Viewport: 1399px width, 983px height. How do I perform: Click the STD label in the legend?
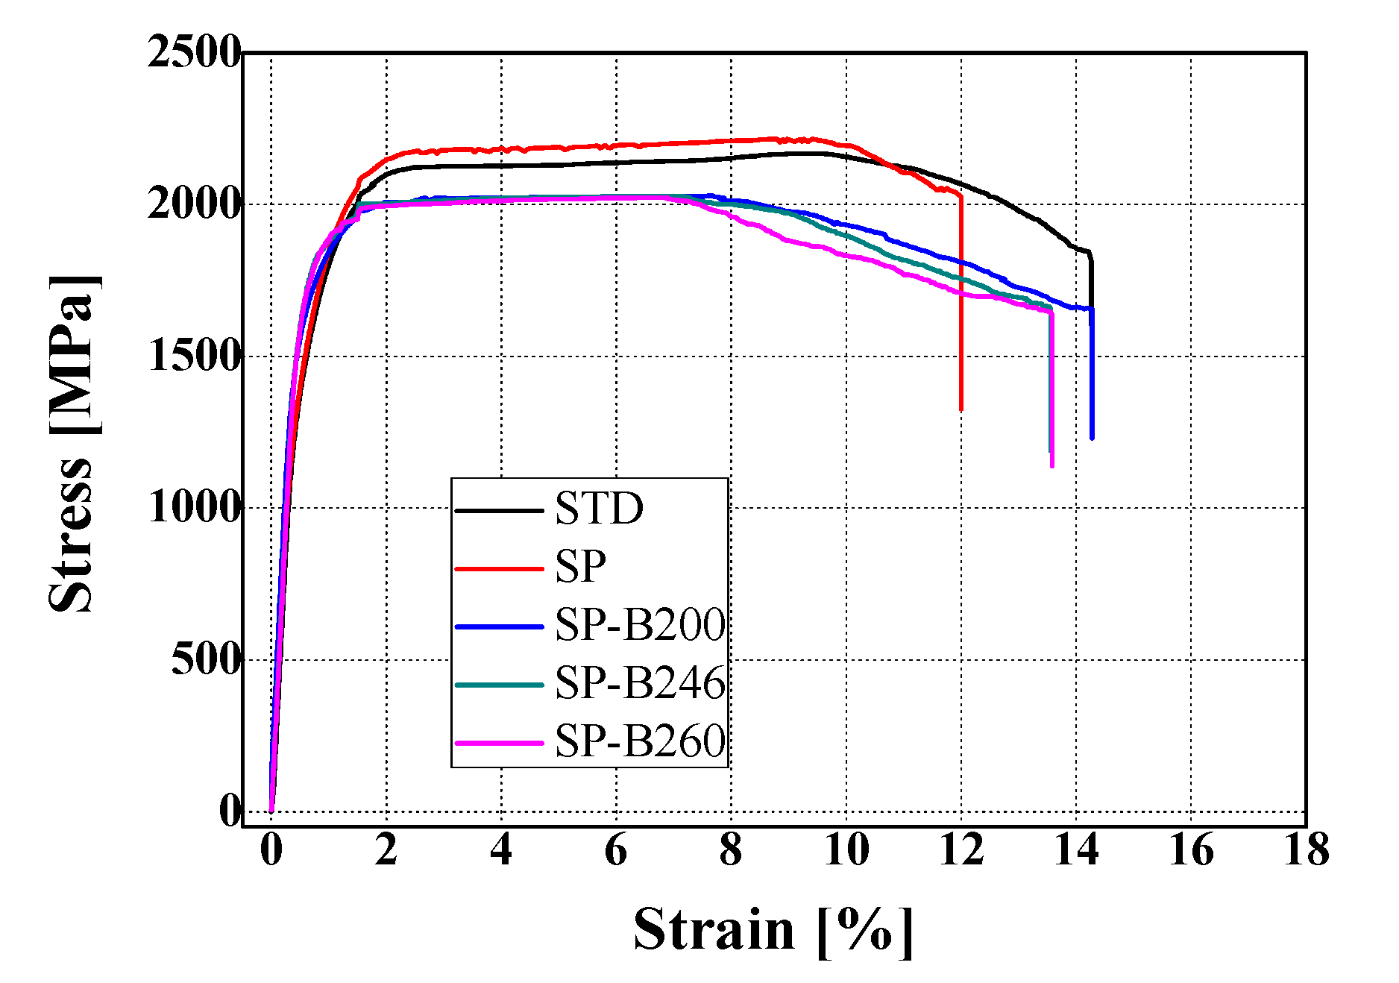click(599, 509)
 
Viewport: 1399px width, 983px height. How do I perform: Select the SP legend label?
click(580, 568)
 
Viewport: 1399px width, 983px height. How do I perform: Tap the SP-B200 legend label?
click(640, 625)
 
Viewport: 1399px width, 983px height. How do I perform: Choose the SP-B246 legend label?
click(640, 683)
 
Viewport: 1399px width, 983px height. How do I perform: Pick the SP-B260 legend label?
click(640, 741)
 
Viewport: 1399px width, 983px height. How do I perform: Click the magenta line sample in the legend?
click(498, 743)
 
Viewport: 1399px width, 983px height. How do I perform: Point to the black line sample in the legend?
click(498, 511)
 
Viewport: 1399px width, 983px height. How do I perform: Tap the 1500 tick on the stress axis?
click(194, 357)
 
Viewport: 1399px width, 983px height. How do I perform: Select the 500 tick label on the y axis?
click(206, 660)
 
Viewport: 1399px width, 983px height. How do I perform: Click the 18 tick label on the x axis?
click(1306, 850)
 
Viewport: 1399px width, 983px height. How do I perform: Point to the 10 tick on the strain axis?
click(846, 850)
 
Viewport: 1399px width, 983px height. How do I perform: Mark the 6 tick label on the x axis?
click(616, 850)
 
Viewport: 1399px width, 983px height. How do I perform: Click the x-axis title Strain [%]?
click(773, 931)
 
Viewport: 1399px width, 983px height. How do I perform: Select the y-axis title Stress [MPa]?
click(72, 444)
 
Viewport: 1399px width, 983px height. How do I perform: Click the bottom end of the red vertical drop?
click(961, 409)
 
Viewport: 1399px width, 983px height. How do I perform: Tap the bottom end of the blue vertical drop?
click(1092, 438)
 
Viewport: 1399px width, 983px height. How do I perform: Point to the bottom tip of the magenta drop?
click(1052, 466)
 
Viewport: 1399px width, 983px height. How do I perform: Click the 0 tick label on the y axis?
click(230, 811)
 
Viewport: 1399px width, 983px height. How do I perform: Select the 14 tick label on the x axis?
click(1076, 850)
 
